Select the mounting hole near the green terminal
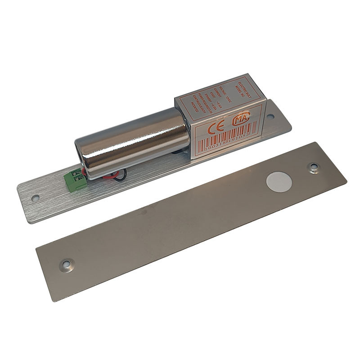point(35,197)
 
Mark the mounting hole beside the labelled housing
point(270,117)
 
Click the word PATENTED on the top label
point(194,107)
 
